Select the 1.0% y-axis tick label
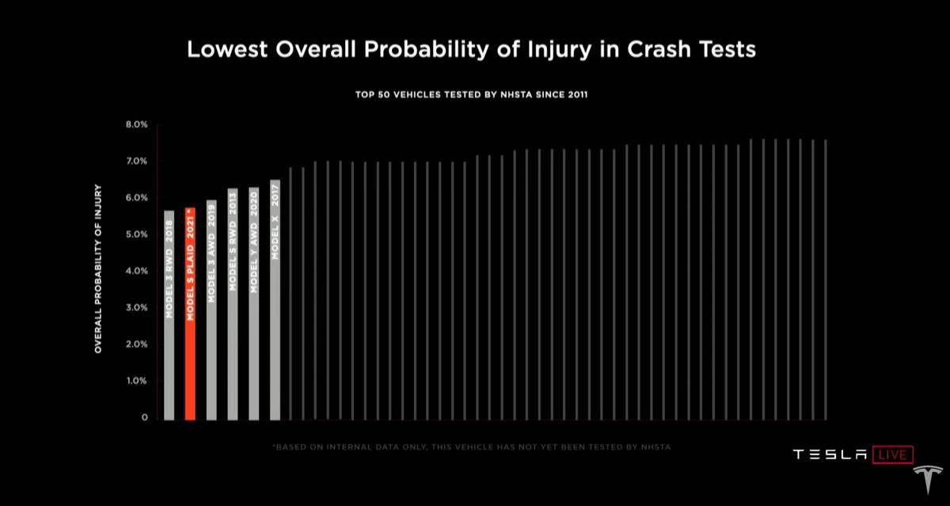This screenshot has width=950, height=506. tap(137, 381)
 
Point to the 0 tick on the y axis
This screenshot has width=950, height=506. tap(145, 417)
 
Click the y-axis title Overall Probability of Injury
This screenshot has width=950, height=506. tap(99, 268)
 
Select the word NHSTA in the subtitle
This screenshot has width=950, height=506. tap(515, 95)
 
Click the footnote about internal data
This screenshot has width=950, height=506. tap(471, 447)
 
